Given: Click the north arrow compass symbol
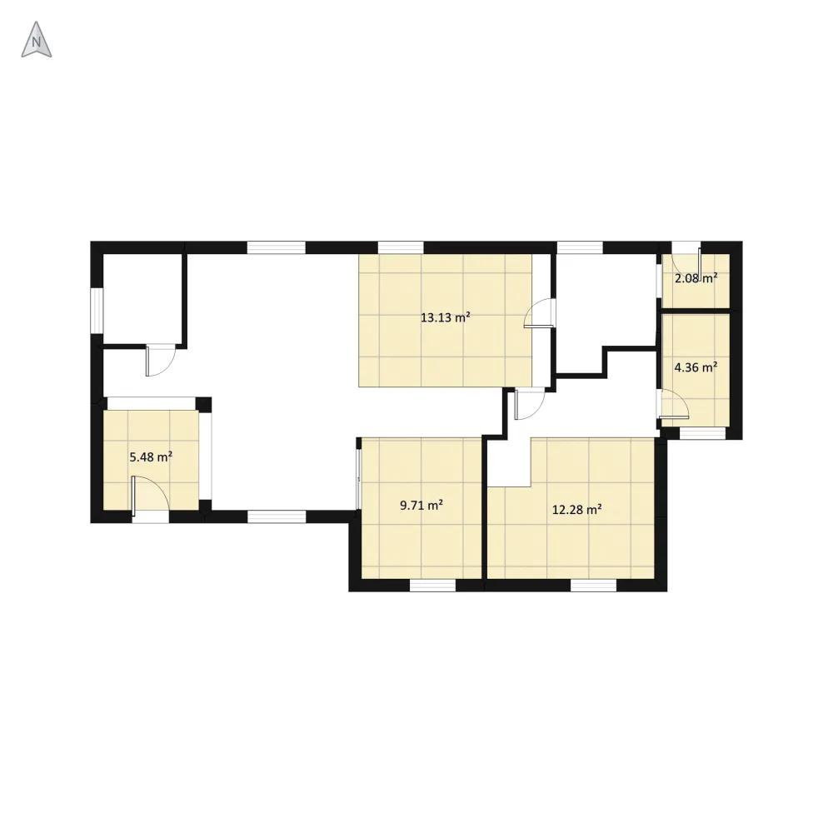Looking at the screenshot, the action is pos(36,40).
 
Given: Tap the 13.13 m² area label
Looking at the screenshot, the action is pos(445,317).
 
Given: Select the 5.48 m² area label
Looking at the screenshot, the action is pos(151,456).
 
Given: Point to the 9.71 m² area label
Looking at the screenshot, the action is pos(421,506).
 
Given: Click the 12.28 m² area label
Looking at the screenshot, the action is pos(577,510).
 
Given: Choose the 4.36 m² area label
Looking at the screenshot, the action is pos(696,367).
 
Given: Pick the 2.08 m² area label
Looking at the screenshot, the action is pos(696,278).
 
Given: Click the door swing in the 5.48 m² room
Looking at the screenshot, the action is pos(150,496).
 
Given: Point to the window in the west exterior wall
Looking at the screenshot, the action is pos(97,311).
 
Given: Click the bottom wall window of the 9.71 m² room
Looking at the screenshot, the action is pos(433,586).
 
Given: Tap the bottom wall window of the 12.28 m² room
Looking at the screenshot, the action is pos(593,586).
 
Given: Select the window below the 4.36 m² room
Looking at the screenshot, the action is pos(703,433).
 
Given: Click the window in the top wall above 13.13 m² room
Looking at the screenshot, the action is pos(401,247).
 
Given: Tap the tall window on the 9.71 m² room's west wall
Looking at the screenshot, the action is pos(359,480).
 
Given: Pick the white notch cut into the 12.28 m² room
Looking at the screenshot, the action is pos(510,462).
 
